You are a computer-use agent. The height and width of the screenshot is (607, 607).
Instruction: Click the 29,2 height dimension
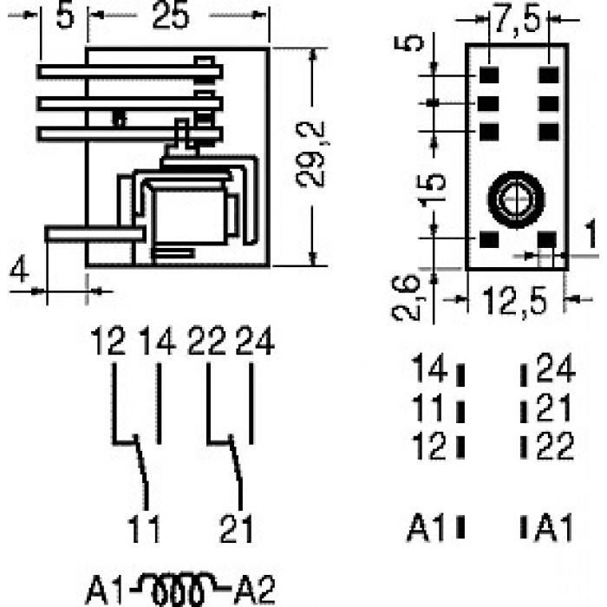pos(310,155)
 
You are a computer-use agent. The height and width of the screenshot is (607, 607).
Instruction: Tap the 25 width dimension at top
pos(171,16)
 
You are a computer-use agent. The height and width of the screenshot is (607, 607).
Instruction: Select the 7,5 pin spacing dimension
pos(517,18)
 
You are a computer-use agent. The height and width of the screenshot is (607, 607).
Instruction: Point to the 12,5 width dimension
pos(515,301)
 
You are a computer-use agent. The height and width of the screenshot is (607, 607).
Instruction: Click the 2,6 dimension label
pos(407,297)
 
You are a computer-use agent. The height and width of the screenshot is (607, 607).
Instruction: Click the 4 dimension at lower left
pos(19,268)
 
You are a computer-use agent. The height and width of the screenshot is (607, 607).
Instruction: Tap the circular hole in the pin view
pos(516,199)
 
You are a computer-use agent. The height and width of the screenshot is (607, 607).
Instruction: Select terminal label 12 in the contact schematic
pos(108,341)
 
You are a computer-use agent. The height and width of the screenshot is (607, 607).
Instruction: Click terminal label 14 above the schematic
pos(157,341)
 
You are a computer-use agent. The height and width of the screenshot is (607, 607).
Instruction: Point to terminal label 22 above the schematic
pos(206,341)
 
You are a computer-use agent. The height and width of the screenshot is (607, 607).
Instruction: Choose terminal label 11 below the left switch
pos(143,529)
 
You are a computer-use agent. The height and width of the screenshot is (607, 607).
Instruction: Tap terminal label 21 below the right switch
pos(236,529)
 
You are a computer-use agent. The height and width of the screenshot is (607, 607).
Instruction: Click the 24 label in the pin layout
pos(556,369)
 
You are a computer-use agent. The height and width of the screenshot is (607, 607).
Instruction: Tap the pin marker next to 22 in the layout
pos(524,447)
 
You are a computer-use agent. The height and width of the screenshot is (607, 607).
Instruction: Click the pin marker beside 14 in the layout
pos(460,375)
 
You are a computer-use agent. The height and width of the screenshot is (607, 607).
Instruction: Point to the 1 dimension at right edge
pos(591,233)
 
